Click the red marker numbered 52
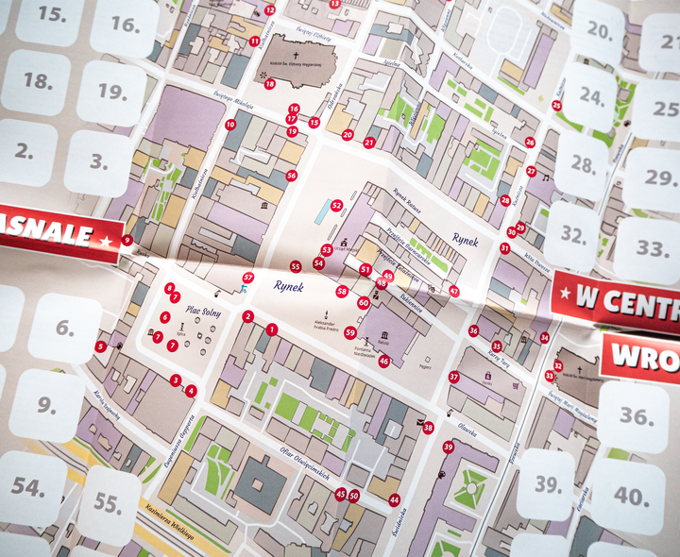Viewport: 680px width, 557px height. tap(336, 205)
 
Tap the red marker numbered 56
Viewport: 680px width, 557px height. tap(291, 176)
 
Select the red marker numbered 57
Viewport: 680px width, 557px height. tap(248, 278)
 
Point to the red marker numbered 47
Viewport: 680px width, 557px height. tap(454, 292)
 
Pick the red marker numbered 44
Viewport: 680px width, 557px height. tap(394, 499)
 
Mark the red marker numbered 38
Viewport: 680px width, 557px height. tap(428, 428)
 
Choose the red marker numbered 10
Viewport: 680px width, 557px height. tap(230, 125)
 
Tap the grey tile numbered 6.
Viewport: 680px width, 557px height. tap(64, 329)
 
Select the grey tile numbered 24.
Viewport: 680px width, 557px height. tap(591, 96)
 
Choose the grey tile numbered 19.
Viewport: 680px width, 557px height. tap(111, 93)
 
